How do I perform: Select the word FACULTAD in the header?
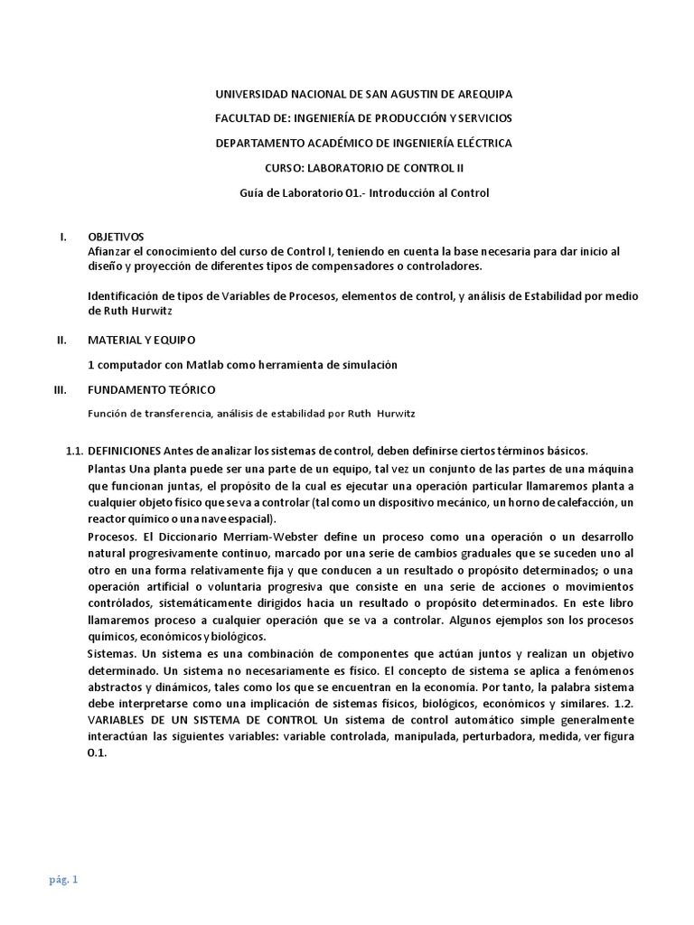[x=243, y=118]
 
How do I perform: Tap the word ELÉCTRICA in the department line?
[x=481, y=143]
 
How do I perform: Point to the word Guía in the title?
[x=249, y=192]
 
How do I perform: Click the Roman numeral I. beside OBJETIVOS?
[x=63, y=237]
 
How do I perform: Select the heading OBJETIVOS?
[x=116, y=237]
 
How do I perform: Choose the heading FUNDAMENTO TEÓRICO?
[x=152, y=389]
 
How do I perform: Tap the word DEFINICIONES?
[x=125, y=451]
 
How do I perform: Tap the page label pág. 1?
[x=63, y=880]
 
